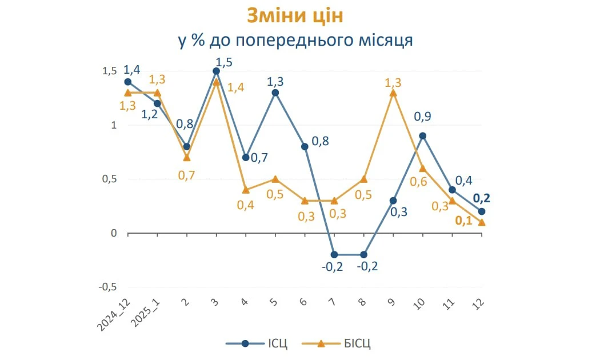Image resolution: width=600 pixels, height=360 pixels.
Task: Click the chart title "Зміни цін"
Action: pos(295,16)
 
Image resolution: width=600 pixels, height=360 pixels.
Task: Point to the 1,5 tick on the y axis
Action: pos(109,71)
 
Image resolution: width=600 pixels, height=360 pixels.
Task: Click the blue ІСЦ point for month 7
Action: pos(334,255)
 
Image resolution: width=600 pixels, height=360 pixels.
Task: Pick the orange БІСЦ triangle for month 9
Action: pos(393,93)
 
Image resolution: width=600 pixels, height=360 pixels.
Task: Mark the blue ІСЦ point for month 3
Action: pos(216,71)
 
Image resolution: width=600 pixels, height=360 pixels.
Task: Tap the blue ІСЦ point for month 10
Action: pos(422,135)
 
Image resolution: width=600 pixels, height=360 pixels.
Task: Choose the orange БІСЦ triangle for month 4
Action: pos(246,190)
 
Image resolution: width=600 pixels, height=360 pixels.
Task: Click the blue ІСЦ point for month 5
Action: pos(275,93)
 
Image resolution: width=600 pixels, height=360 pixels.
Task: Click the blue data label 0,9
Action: pos(423,117)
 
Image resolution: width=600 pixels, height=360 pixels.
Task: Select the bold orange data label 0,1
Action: pos(463,221)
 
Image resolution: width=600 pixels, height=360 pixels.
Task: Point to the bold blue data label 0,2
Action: pos(482,199)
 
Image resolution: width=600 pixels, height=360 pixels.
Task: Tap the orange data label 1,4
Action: pos(235,88)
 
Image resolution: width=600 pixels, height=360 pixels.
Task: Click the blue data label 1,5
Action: pos(223,62)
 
